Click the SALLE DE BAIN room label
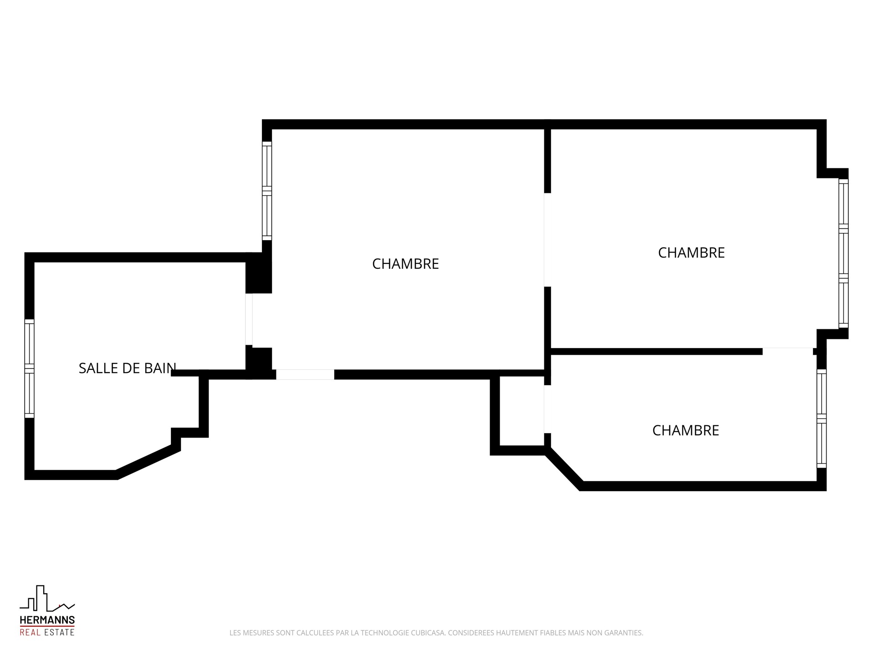(x=127, y=368)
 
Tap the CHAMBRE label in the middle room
(x=406, y=264)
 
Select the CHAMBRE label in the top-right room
(x=691, y=253)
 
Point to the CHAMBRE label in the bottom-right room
(x=686, y=430)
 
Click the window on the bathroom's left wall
(x=29, y=368)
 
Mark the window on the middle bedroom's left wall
(x=267, y=191)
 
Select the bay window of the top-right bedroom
(x=843, y=253)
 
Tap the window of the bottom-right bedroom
(x=822, y=418)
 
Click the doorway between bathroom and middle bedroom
(x=249, y=319)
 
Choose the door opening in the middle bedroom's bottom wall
(x=305, y=374)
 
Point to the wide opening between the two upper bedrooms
(x=547, y=240)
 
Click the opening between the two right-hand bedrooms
(x=788, y=351)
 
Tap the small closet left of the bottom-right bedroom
(x=522, y=411)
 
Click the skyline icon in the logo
(x=47, y=599)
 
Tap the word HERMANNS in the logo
(x=47, y=620)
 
